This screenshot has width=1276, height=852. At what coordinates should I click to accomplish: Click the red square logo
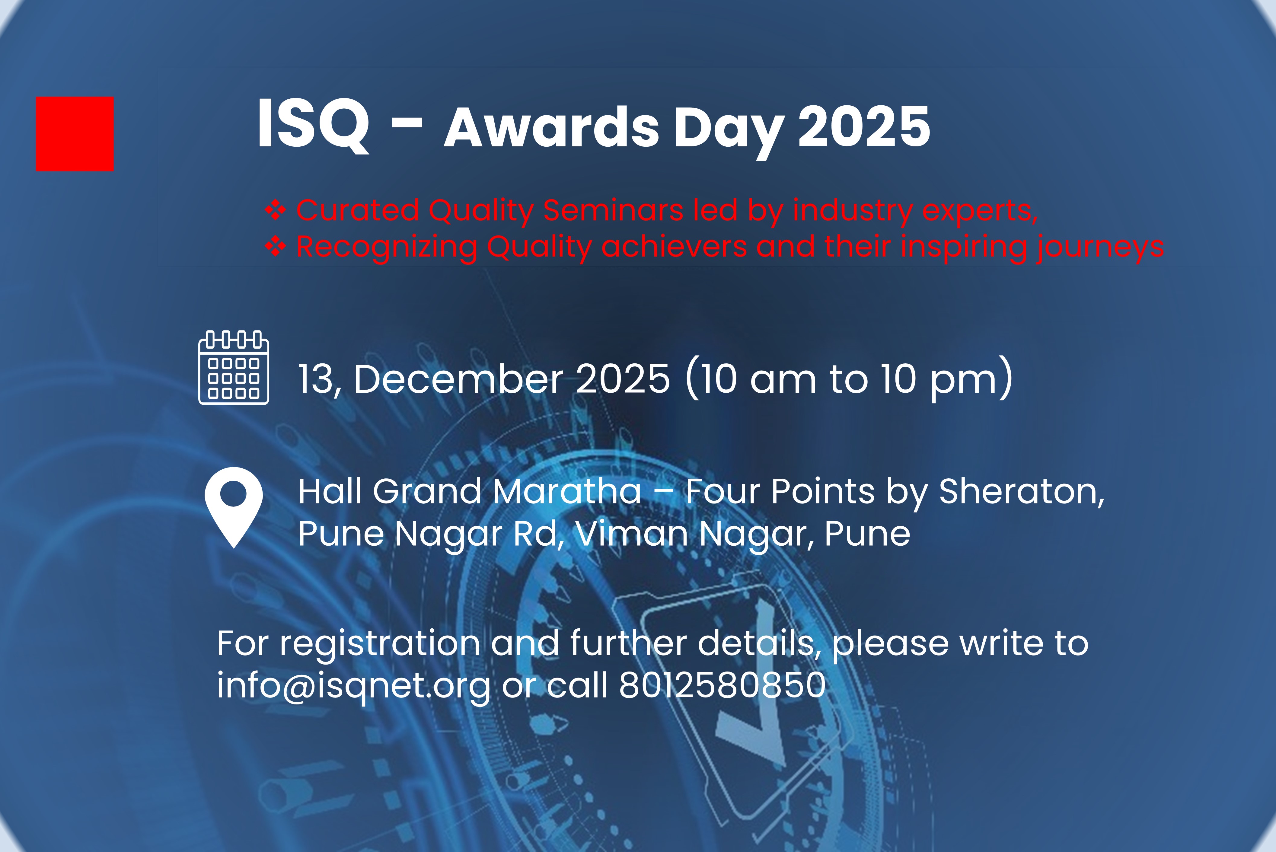(x=75, y=134)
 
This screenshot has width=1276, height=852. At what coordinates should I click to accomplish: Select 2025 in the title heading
(x=864, y=126)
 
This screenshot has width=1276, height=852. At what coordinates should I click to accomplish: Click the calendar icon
(x=234, y=367)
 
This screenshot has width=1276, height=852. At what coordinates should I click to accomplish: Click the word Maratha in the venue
(x=567, y=491)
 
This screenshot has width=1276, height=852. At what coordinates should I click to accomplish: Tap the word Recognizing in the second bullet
(x=387, y=247)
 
